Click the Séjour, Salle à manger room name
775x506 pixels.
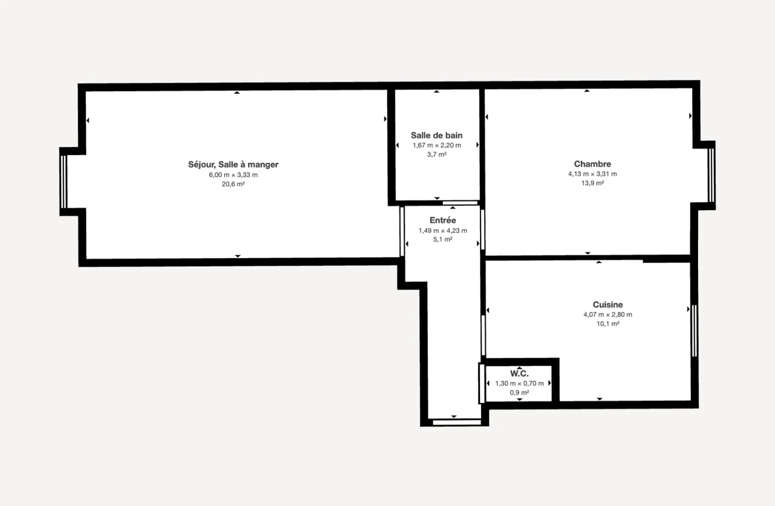pyautogui.click(x=233, y=164)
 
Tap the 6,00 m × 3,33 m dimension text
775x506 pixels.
pyautogui.click(x=233, y=175)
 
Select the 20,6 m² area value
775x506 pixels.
pyautogui.click(x=233, y=184)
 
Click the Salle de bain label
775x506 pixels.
pyautogui.click(x=436, y=135)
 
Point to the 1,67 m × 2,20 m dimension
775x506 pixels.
pyautogui.click(x=436, y=145)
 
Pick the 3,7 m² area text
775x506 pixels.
pyautogui.click(x=436, y=154)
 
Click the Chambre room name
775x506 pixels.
pyautogui.click(x=592, y=164)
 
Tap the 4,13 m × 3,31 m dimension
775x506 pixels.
pyautogui.click(x=592, y=174)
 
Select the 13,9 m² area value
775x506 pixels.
pyautogui.click(x=592, y=183)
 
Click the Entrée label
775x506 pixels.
pyautogui.click(x=442, y=220)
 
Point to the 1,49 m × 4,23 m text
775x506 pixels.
pyautogui.click(x=442, y=230)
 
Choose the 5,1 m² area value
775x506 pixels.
pyautogui.click(x=442, y=239)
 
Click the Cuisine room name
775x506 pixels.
pyautogui.click(x=608, y=304)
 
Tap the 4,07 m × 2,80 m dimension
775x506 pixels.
pyautogui.click(x=608, y=314)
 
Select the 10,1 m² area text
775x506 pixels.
pyautogui.click(x=608, y=323)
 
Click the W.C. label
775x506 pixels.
pyautogui.click(x=519, y=373)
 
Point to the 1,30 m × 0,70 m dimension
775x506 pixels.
pyautogui.click(x=519, y=383)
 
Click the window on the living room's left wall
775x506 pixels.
pyautogui.click(x=64, y=182)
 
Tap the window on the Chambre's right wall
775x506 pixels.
pyautogui.click(x=711, y=175)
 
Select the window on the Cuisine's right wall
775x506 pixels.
pyautogui.click(x=694, y=330)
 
